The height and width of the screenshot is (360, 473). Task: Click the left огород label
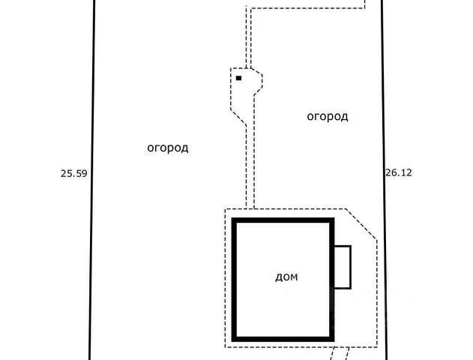(167, 148)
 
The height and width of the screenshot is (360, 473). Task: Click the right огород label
(328, 116)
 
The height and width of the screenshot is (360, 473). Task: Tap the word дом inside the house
(286, 277)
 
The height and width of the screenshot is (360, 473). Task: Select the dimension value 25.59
(74, 173)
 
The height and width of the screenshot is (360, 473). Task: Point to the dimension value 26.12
(399, 172)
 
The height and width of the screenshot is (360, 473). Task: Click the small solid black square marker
(239, 77)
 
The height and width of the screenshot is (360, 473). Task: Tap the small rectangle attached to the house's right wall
(343, 267)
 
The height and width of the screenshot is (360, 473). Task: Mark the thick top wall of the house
(283, 220)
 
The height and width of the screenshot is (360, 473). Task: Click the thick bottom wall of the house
(283, 338)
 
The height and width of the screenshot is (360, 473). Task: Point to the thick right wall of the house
(331, 278)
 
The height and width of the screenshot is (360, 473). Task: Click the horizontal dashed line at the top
(307, 10)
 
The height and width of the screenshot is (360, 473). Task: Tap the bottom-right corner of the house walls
(331, 338)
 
